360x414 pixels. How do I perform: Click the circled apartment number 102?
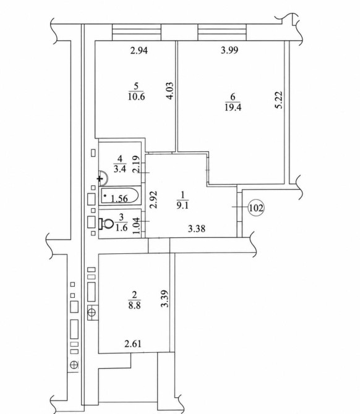(x=256, y=208)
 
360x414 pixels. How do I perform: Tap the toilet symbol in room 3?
(x=106, y=224)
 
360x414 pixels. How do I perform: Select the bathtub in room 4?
(x=119, y=195)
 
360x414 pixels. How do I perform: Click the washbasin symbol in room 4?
(x=103, y=177)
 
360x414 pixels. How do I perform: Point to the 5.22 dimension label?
(x=278, y=100)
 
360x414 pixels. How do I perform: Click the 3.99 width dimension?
(x=229, y=50)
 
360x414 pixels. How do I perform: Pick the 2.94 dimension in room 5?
(x=139, y=50)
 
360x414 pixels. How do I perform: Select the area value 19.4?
(x=233, y=108)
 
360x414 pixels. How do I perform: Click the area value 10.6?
(x=136, y=96)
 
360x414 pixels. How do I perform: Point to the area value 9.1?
(x=182, y=205)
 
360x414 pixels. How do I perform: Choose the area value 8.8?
(x=134, y=305)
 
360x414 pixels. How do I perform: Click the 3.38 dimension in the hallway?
(x=197, y=228)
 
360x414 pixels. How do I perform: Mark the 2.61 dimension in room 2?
(x=133, y=344)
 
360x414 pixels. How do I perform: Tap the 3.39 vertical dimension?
(x=165, y=298)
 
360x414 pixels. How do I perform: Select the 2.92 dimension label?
(x=153, y=200)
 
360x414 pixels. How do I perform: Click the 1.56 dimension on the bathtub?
(x=119, y=198)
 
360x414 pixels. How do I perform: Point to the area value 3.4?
(x=120, y=169)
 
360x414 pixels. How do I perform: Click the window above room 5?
(x=137, y=32)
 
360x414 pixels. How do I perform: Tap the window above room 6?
(x=222, y=32)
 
